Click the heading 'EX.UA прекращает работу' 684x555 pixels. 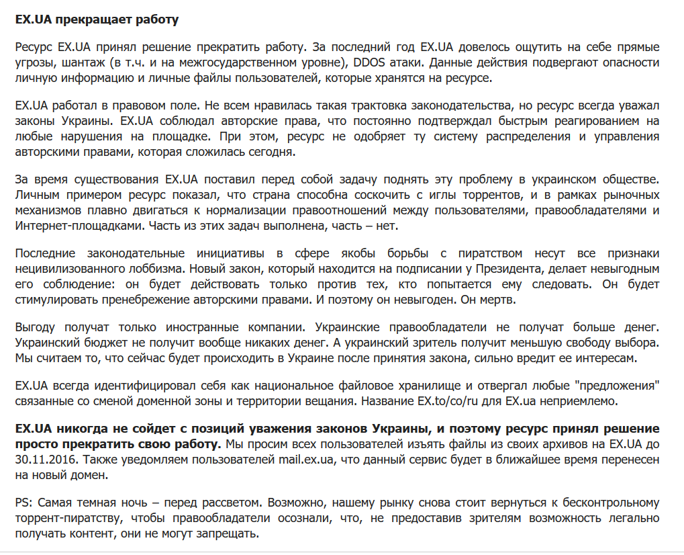pyautogui.click(x=97, y=19)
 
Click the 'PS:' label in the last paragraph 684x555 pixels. pyautogui.click(x=23, y=503)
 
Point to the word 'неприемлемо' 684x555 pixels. pyautogui.click(x=575, y=402)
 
